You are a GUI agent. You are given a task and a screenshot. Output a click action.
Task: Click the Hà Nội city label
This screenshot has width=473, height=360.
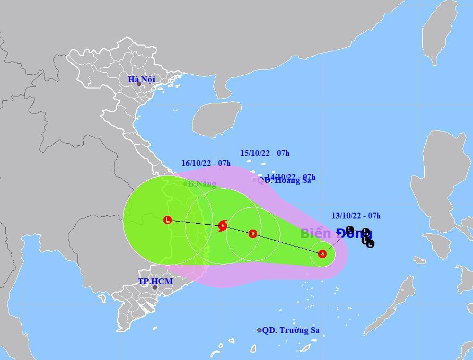(142, 80)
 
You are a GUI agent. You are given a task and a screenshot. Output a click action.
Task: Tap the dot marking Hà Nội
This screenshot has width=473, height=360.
(139, 84)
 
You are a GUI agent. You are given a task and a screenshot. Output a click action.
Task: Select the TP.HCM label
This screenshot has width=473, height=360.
(155, 281)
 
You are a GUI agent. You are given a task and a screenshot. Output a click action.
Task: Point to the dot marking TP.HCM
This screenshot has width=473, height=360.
(155, 288)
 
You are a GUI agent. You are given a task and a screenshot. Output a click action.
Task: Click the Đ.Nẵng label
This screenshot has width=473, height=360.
(202, 184)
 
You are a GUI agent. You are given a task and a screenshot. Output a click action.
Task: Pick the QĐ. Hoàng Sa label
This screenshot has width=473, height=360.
(285, 180)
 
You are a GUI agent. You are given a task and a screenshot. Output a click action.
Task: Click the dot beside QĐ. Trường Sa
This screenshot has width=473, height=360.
(259, 330)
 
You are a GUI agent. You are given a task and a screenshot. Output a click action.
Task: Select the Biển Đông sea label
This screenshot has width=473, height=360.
(336, 234)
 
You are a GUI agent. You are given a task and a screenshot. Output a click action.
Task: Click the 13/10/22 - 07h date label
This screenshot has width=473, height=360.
(356, 216)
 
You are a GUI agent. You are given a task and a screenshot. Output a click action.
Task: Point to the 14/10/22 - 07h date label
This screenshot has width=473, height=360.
(291, 177)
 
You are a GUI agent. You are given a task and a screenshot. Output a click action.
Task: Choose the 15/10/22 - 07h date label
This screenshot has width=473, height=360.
(265, 153)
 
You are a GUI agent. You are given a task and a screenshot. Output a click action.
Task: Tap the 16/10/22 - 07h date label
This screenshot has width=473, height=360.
(206, 163)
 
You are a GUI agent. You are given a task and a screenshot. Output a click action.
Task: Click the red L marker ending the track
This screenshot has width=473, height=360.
(168, 219)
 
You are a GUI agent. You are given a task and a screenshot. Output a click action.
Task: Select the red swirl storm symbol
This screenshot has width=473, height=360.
(223, 226)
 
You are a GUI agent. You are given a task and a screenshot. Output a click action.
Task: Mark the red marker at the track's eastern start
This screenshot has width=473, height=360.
(322, 254)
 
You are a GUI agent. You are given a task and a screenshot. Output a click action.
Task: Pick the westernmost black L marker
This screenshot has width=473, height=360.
(349, 230)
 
